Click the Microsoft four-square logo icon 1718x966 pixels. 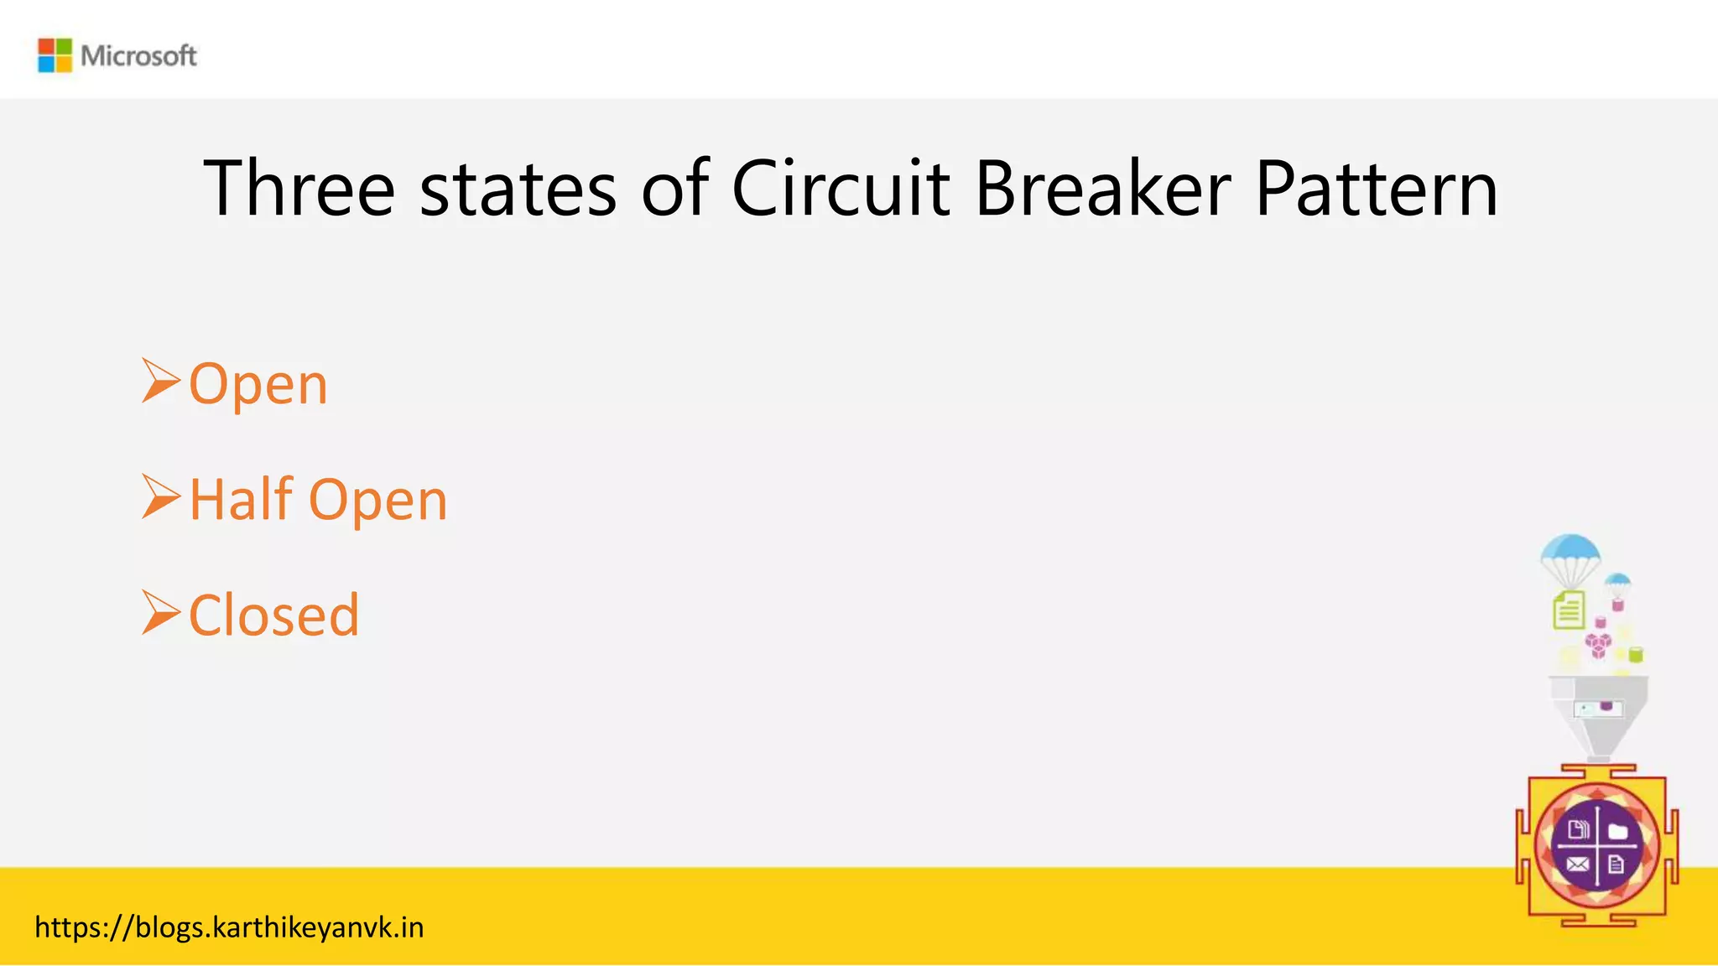coord(55,55)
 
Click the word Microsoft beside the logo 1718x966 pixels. coord(138,56)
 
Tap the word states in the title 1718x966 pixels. coord(518,190)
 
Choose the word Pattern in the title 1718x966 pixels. coord(1377,190)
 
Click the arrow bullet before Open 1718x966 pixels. coord(160,381)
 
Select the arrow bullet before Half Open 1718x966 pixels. coord(160,496)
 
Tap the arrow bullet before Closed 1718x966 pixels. coord(160,612)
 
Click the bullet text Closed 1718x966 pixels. coord(274,615)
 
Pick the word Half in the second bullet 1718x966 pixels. coord(241,499)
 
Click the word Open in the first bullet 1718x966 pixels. coord(258,385)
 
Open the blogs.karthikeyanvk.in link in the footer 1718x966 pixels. coord(229,927)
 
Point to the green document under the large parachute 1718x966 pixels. coord(1569,610)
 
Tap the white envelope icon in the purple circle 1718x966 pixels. coord(1577,864)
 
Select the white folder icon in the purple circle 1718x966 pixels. coord(1618,830)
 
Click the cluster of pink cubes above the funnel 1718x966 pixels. coord(1598,644)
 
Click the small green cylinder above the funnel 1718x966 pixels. coord(1636,654)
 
